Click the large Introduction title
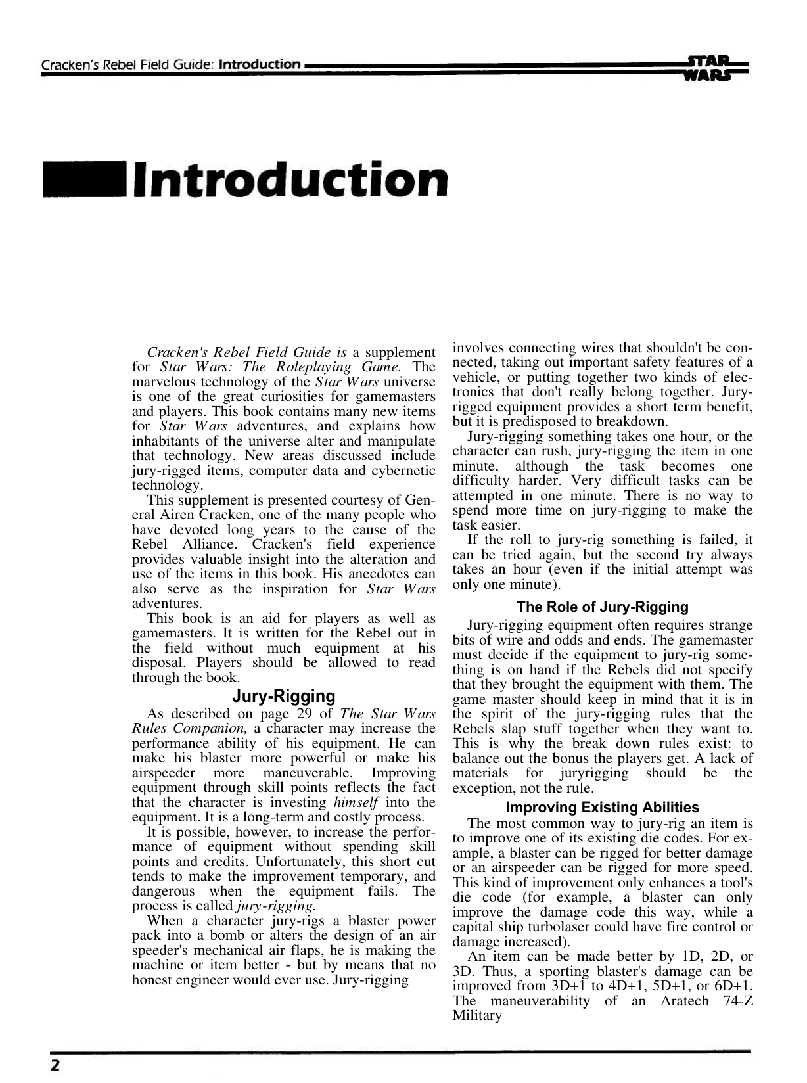click(x=290, y=179)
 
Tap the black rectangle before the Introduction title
click(x=85, y=180)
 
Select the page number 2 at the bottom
click(x=55, y=1065)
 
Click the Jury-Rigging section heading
click(x=284, y=696)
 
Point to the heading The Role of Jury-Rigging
click(x=603, y=607)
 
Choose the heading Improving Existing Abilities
click(x=603, y=807)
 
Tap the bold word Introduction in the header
click(x=260, y=65)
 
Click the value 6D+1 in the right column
click(x=733, y=986)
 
